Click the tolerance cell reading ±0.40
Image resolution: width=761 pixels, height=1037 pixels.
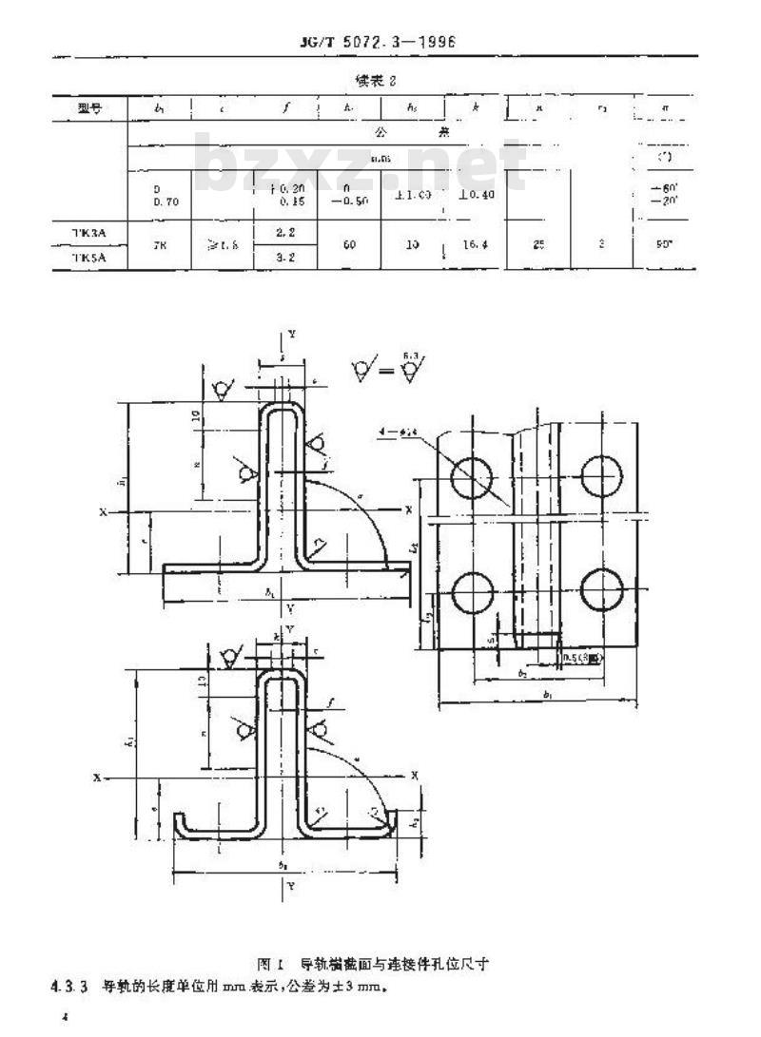coord(473,194)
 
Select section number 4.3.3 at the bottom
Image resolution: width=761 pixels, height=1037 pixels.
coord(69,985)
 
